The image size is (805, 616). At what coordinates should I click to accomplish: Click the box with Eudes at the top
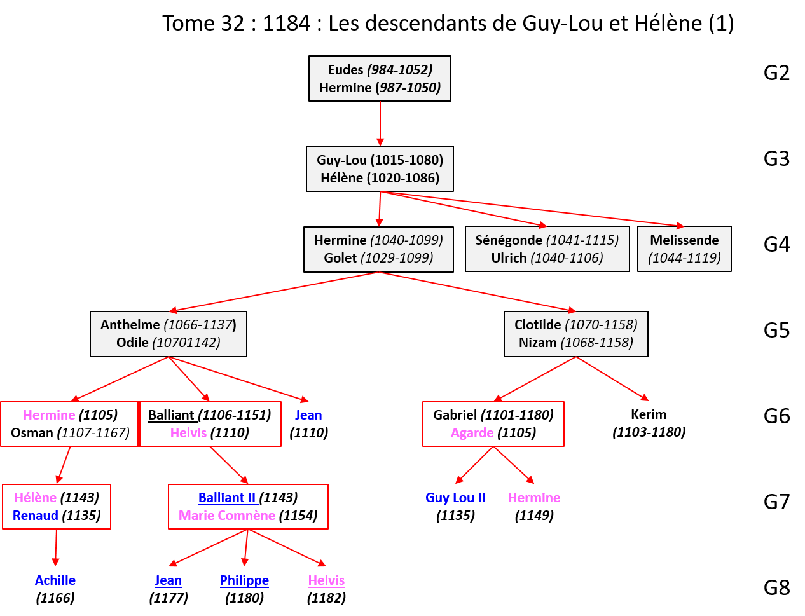coord(380,78)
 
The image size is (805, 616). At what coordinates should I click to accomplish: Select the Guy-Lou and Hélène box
coord(380,168)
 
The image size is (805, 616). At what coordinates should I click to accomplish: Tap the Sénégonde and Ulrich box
coord(547,249)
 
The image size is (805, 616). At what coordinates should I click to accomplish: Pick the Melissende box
coord(684,249)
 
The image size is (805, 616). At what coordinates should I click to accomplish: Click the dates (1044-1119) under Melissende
coord(684,258)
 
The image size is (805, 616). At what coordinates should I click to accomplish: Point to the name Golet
coord(340,258)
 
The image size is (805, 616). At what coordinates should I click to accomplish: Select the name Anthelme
coord(130,325)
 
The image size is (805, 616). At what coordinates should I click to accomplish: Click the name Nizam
coord(537,343)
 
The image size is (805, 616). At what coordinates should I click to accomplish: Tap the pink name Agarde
coord(472,433)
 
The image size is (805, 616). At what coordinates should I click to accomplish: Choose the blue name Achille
coord(55,580)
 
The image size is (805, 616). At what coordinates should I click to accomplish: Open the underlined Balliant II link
coord(227,498)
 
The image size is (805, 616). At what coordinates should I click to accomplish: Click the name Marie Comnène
coord(227,516)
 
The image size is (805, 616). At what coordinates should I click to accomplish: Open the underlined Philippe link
coord(244,580)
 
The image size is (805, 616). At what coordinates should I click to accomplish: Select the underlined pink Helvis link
coord(326,580)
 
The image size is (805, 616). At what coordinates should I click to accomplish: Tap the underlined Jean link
coord(168,580)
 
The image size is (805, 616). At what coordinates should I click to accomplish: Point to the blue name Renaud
coord(36,516)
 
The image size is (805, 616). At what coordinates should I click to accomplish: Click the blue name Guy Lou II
coord(455,498)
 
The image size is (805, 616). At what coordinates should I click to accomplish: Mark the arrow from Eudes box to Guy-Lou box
coord(380,123)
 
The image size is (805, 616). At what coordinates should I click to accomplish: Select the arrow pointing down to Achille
coord(56,547)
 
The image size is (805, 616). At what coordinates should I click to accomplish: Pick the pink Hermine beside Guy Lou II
coord(534,498)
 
